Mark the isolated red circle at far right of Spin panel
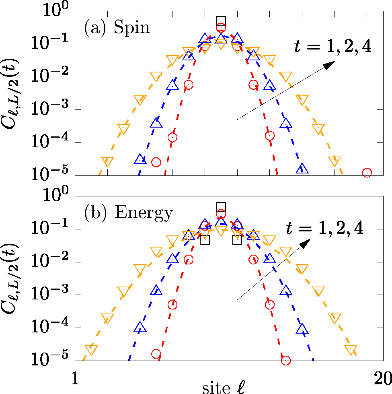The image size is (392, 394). [x=367, y=172]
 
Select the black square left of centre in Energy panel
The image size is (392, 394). [x=205, y=240]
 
